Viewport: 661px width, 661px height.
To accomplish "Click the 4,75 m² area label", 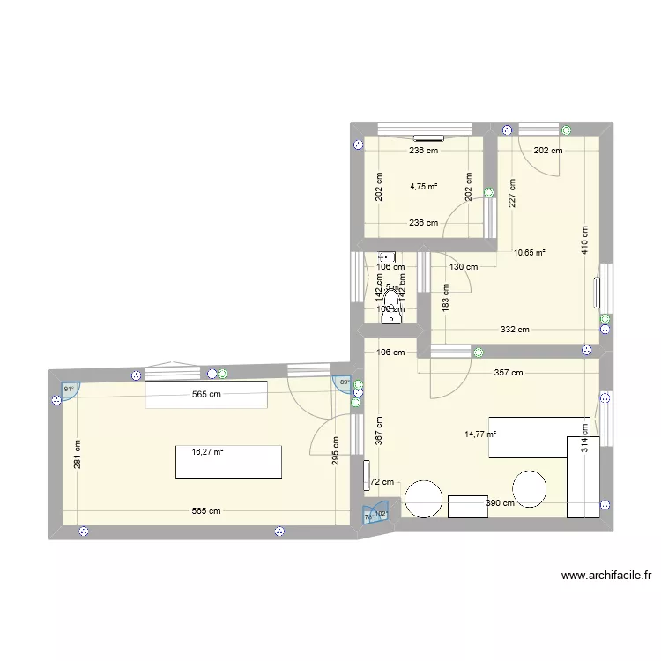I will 423,186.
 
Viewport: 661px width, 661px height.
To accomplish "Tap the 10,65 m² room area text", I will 530,253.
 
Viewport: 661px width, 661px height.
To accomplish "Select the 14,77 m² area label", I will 480,433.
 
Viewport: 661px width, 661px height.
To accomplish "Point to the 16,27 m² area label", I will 207,451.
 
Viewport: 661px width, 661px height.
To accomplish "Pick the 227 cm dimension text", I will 511,193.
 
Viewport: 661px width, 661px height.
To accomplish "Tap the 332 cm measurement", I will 515,330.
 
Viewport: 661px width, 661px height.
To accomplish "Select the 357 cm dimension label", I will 509,373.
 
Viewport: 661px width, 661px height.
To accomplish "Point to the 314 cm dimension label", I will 583,438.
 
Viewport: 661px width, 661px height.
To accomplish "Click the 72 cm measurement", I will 382,483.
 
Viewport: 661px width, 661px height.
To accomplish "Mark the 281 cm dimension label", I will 78,456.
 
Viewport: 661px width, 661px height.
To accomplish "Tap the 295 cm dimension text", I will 336,452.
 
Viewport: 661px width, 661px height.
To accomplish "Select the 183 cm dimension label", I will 446,298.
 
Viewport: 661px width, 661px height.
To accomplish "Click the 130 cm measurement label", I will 463,267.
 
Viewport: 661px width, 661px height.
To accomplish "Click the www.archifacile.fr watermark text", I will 606,576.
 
